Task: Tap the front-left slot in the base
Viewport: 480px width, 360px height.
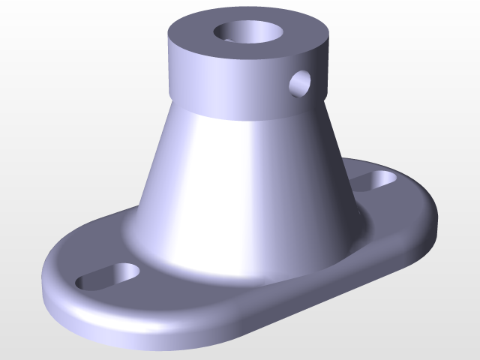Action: [109, 276]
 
